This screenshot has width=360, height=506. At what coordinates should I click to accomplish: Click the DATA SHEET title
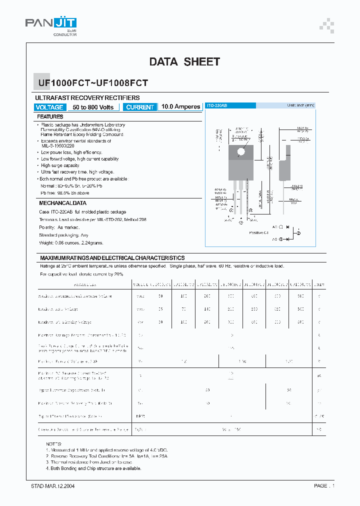184,62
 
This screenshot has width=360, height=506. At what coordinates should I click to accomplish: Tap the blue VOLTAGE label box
49,107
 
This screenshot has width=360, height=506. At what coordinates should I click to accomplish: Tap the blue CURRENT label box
140,107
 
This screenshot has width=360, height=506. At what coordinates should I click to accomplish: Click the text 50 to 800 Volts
93,107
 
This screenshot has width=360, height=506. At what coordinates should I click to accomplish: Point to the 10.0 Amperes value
181,107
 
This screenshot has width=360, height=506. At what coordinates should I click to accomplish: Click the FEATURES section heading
51,116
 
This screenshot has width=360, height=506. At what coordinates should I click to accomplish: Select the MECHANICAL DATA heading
62,203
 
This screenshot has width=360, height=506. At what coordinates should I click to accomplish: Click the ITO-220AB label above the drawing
217,105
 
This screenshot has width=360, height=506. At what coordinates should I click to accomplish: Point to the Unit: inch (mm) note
300,105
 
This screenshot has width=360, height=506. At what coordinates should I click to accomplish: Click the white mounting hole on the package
241,151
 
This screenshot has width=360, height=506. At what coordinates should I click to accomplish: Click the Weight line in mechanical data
71,242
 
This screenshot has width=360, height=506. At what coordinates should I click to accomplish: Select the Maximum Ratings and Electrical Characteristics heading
112,257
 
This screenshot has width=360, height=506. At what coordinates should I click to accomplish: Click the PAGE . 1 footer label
324,485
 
